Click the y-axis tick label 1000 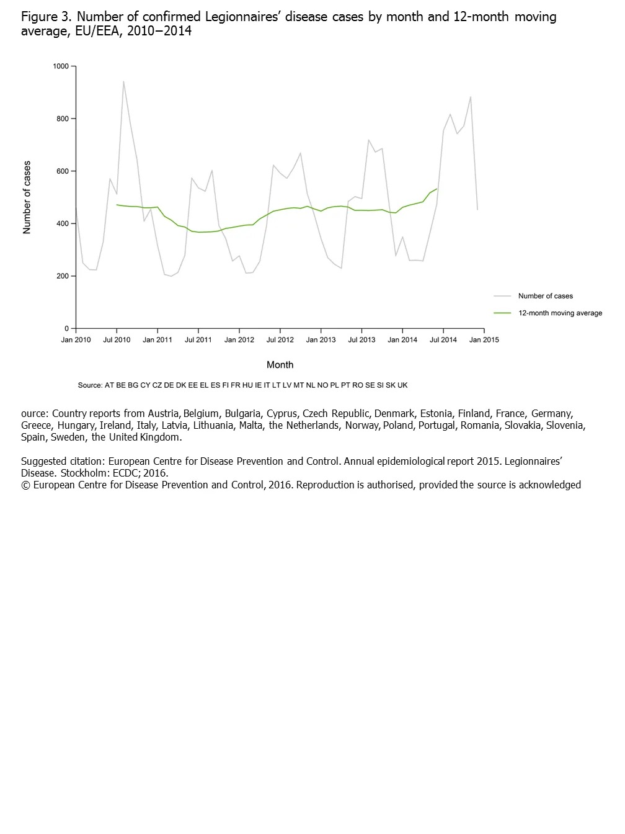pos(61,66)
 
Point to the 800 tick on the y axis pos(63,119)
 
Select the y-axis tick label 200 pos(63,276)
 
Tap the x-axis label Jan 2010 pos(76,339)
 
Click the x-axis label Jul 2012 pos(280,339)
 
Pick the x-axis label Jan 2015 pos(484,339)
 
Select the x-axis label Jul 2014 pos(443,339)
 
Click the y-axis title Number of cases pos(27,197)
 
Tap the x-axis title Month pos(280,365)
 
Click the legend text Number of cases pos(546,296)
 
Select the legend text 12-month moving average pos(561,313)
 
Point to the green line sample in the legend pos(502,313)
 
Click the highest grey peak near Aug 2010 pos(123,81)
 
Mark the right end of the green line pos(437,189)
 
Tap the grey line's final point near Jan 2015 pos(477,209)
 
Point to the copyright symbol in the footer pos(25,485)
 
